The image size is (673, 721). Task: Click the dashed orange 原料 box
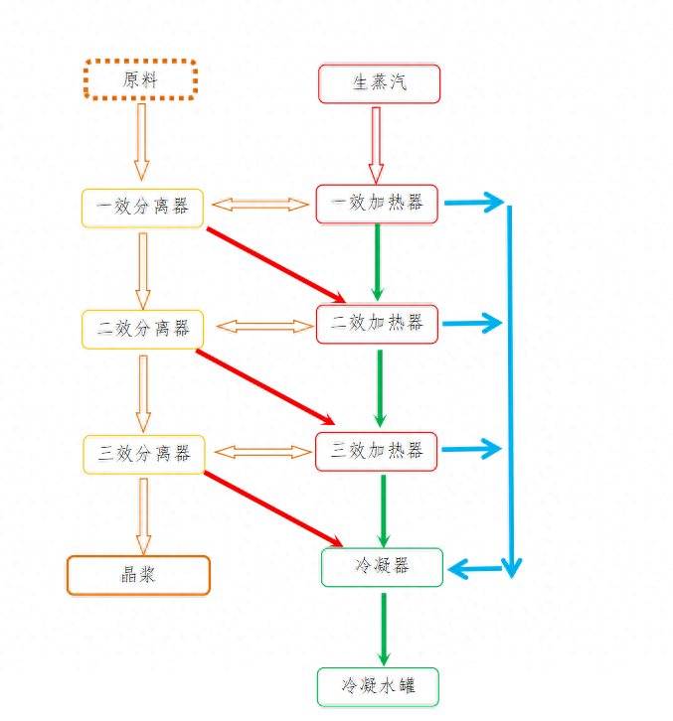click(140, 79)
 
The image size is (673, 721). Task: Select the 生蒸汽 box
click(379, 82)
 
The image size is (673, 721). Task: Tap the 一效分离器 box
click(142, 208)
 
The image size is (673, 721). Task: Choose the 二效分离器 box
click(142, 329)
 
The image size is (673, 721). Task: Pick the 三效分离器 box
click(143, 454)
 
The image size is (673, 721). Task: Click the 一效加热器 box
click(377, 204)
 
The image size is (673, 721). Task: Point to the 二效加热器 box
click(377, 324)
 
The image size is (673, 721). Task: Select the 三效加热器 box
click(377, 451)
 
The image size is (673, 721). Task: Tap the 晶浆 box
click(138, 575)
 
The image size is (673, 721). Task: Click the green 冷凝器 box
click(382, 567)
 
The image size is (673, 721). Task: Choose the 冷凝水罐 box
click(378, 686)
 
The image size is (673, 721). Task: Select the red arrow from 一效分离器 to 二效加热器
click(275, 264)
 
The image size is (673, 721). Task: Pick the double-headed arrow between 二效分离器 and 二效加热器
click(263, 326)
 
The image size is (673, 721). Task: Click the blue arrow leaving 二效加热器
click(472, 323)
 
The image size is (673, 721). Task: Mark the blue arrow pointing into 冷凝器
click(477, 569)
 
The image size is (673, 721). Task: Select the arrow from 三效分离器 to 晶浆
click(143, 514)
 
